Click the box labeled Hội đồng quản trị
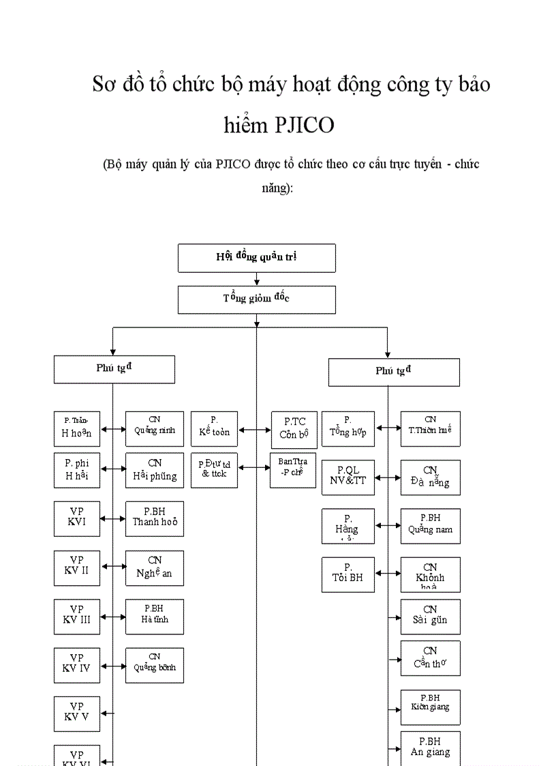[x=256, y=257]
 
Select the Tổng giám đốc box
[x=256, y=299]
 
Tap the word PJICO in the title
[x=305, y=125]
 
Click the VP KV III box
[x=77, y=617]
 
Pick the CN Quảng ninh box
[x=155, y=428]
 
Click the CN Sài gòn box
[x=430, y=617]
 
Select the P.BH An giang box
[x=430, y=748]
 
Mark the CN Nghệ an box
[x=155, y=568]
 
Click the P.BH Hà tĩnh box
[x=155, y=617]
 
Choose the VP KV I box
[x=77, y=518]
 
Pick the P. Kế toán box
[x=215, y=428]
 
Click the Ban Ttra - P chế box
[x=293, y=469]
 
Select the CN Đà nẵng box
[x=430, y=477]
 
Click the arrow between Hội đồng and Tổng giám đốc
[x=256, y=279]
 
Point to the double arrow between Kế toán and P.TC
[x=255, y=430]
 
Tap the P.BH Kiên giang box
[x=430, y=707]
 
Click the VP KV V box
[x=77, y=713]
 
